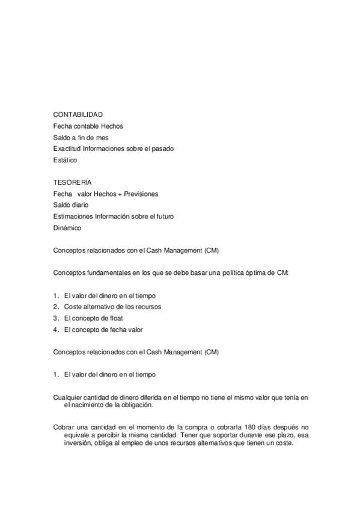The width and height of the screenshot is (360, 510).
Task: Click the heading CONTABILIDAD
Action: (78, 114)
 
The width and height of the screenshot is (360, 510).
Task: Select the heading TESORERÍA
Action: (72, 182)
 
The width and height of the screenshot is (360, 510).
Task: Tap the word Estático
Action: (65, 160)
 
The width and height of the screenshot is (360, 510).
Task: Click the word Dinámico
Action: (67, 228)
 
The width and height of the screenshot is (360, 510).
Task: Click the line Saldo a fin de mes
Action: (81, 137)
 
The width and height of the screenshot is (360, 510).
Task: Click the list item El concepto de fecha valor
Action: (103, 330)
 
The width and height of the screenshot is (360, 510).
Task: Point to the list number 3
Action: (55, 318)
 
